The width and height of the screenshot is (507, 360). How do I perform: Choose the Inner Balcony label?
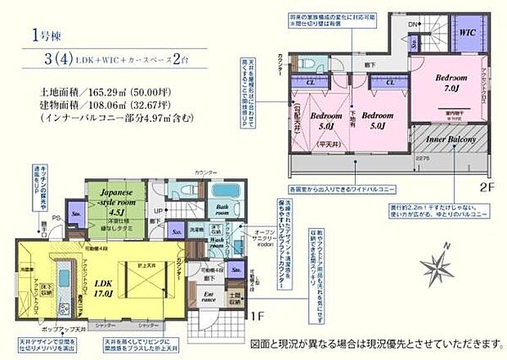tap(451, 140)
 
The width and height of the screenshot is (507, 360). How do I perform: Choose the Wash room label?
tap(216, 243)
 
